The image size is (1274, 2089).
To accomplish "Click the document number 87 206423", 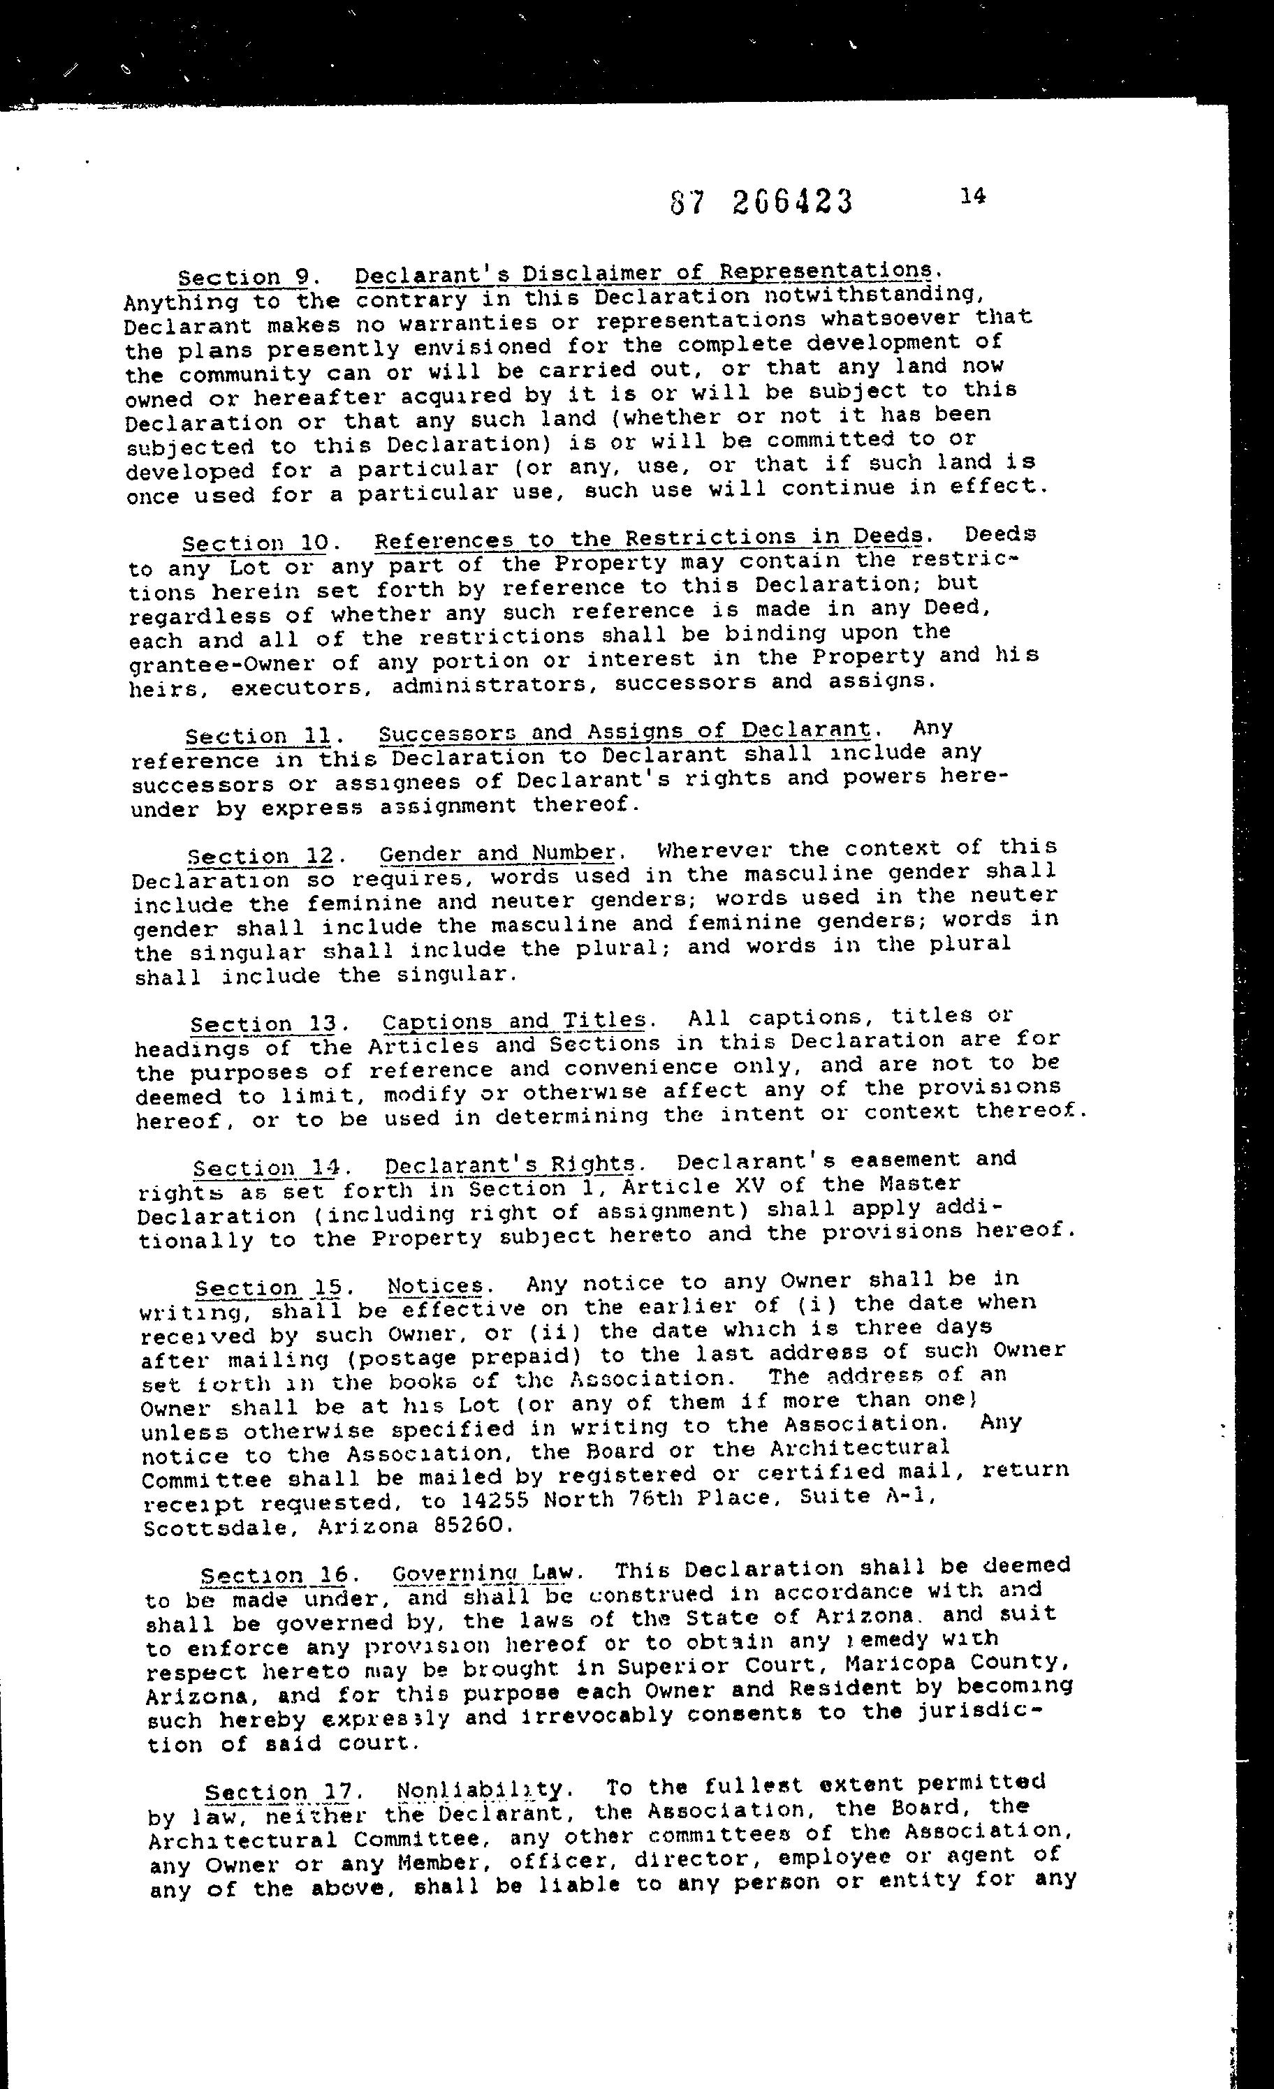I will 761,202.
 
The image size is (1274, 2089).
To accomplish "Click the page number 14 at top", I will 973,195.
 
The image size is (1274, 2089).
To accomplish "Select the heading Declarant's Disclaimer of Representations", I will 642,273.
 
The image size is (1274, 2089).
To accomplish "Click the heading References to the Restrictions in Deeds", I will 649,538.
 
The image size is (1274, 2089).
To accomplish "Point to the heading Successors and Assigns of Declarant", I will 624,731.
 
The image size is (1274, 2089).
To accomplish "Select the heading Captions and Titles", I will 513,1020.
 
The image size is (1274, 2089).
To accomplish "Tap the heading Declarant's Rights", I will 510,1165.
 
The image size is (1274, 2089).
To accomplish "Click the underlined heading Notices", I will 435,1286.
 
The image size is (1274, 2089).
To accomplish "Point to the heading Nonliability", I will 479,1789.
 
